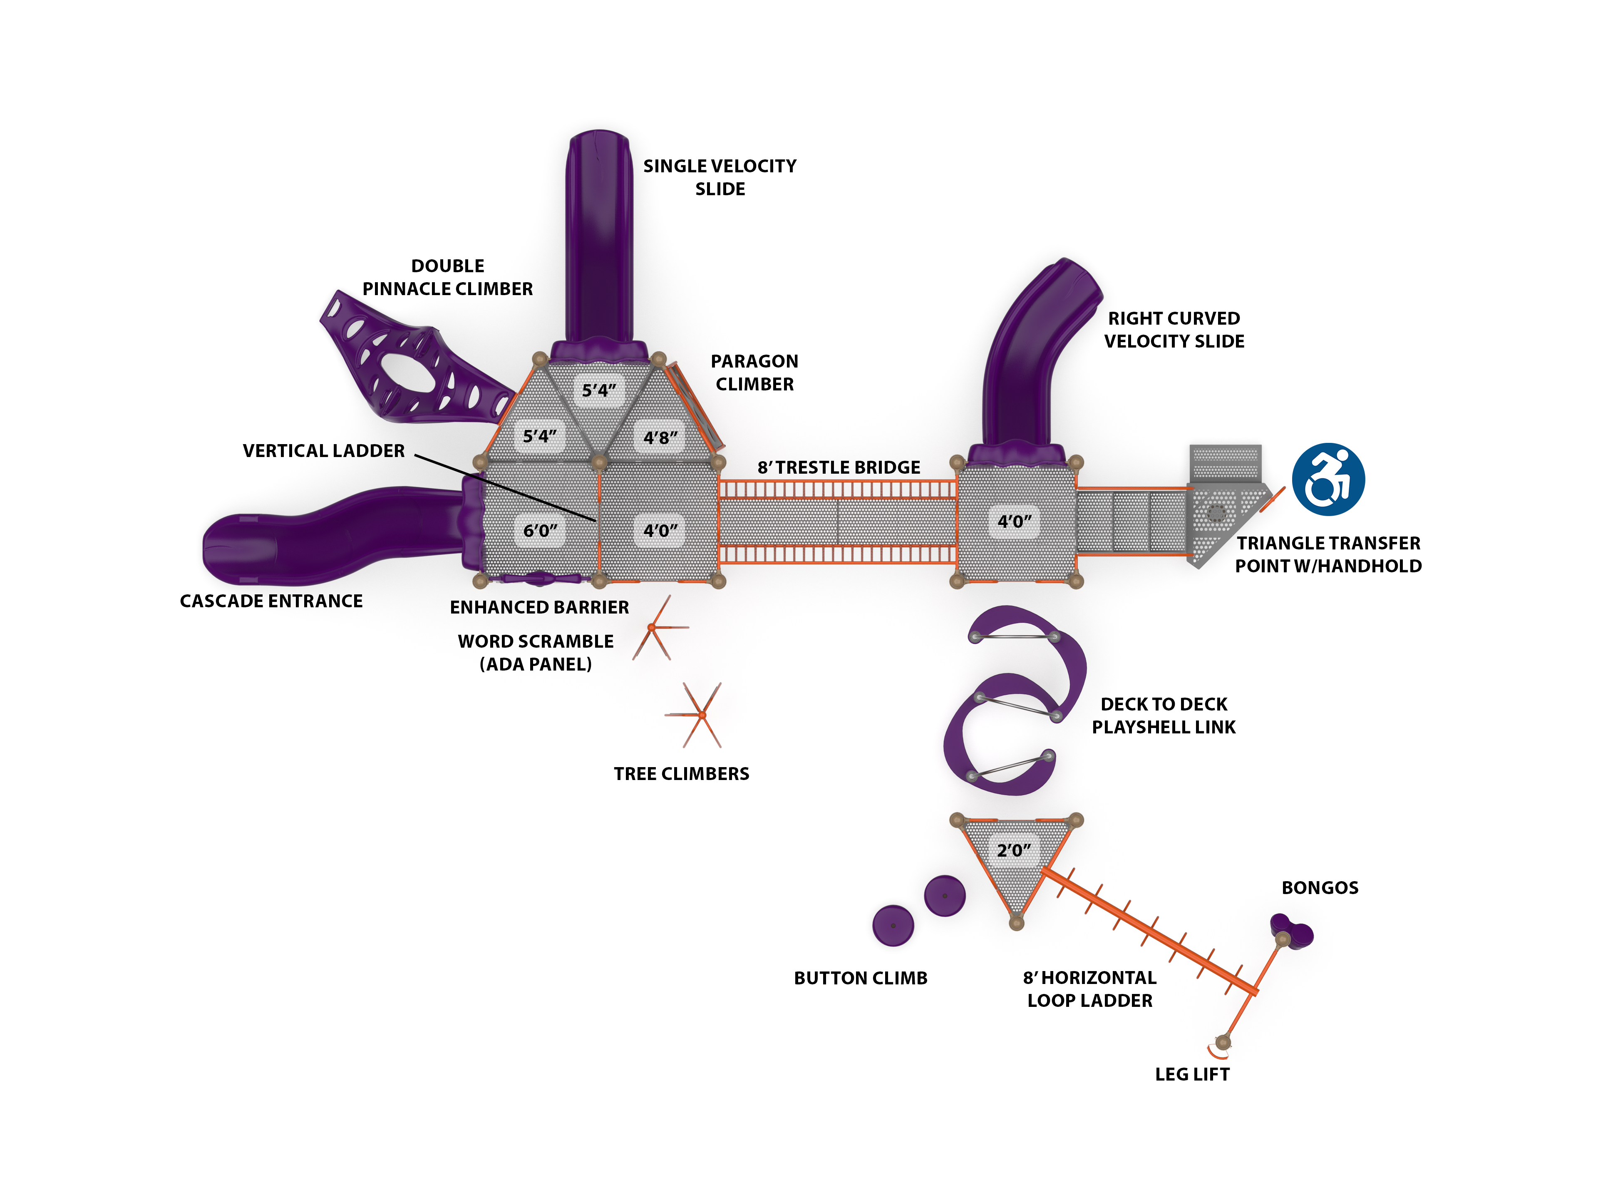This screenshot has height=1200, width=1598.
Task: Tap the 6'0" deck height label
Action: (541, 530)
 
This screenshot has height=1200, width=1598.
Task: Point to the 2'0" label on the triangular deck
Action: (1014, 850)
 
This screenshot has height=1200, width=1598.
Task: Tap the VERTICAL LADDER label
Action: (324, 451)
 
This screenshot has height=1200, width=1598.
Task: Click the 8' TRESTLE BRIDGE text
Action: (839, 467)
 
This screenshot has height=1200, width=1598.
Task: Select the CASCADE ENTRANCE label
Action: (271, 601)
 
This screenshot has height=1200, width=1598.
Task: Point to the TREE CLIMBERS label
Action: (681, 774)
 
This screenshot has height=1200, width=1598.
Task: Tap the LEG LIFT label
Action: (1192, 1074)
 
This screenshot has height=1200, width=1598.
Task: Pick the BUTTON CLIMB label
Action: (861, 978)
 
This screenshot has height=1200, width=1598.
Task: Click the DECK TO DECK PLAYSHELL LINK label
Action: (1164, 715)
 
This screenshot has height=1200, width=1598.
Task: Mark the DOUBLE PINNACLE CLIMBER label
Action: (447, 278)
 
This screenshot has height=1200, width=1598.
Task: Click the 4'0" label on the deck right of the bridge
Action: (1014, 521)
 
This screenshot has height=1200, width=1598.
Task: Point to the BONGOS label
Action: (1320, 888)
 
